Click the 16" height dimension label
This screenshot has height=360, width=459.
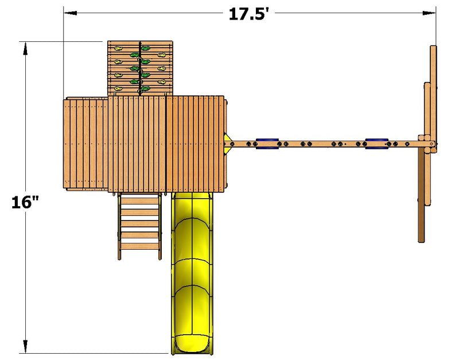[x=25, y=202]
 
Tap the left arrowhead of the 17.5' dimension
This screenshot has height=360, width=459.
[x=70, y=13]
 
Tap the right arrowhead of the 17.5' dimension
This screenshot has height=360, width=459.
[x=429, y=13]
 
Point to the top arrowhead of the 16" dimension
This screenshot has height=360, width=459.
[x=25, y=48]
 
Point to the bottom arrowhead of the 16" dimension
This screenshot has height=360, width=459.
[x=25, y=347]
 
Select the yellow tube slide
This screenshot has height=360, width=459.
[x=192, y=273]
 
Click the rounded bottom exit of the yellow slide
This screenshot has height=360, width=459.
[x=192, y=346]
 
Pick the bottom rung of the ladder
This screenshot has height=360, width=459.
[x=139, y=246]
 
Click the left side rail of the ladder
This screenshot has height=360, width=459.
[x=119, y=226]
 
